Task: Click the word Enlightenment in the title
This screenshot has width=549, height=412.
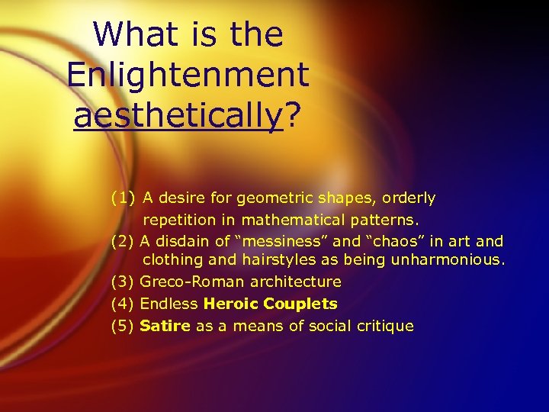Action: (188, 75)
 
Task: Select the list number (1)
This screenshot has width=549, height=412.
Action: (123, 198)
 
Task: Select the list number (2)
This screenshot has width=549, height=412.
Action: (123, 241)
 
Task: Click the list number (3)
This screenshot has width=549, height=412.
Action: (123, 282)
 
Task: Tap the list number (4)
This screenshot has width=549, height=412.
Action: (123, 304)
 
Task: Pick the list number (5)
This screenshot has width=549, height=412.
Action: (123, 326)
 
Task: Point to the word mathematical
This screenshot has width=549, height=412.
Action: (289, 220)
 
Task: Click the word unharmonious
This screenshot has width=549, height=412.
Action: (452, 260)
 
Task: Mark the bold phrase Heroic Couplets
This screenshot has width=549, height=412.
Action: (270, 304)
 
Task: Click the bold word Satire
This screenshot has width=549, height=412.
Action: (165, 326)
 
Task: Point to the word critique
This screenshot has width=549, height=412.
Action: (385, 326)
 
